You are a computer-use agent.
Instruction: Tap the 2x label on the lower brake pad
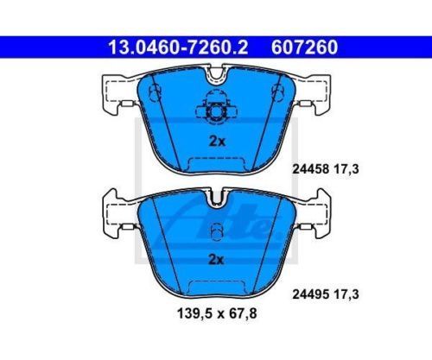(217, 258)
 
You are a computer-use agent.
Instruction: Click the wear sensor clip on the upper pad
(216, 109)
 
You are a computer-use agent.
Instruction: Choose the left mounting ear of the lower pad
(115, 211)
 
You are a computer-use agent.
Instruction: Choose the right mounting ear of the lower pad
(318, 211)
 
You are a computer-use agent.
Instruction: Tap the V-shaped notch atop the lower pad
(216, 199)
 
